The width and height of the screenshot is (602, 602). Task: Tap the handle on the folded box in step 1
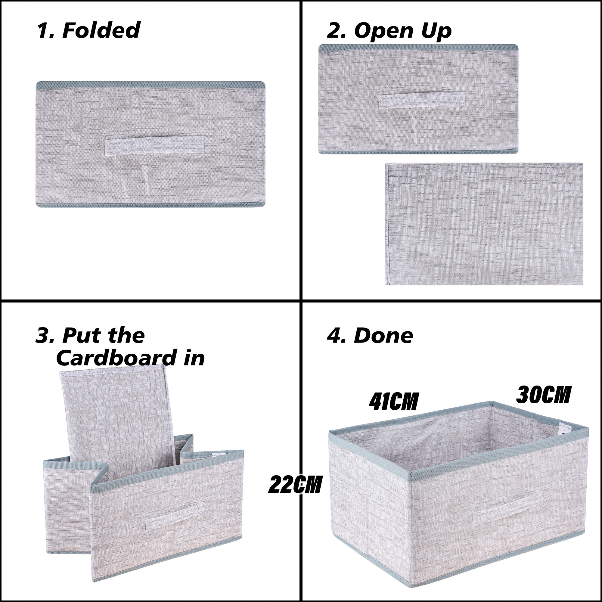point(154,145)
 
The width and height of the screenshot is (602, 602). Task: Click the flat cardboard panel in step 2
point(484,224)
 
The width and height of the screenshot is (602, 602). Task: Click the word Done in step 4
point(383,336)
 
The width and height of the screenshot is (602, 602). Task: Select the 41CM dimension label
point(393,402)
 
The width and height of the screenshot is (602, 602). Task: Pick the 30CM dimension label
point(543,395)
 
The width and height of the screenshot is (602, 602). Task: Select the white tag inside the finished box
point(563,429)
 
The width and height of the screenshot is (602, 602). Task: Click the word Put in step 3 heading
point(77,336)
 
